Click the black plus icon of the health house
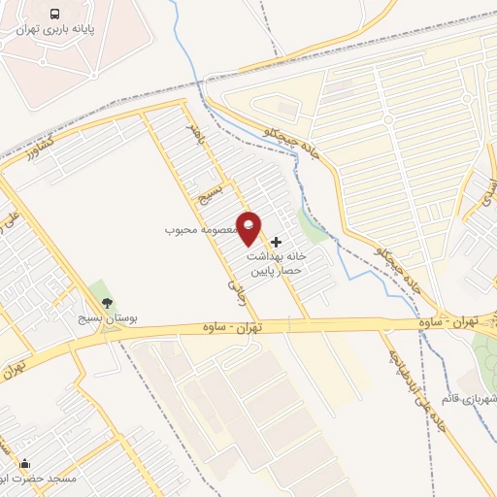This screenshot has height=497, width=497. coord(277,241)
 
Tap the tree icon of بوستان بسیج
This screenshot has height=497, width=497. coord(108,303)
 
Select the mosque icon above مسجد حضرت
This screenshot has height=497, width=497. coord(25,465)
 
